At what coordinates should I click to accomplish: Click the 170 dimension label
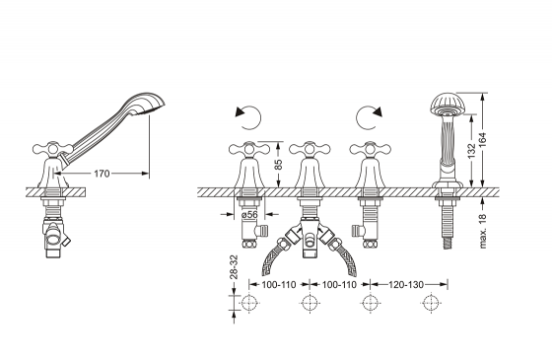[x=102, y=174]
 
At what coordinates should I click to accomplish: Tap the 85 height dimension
[x=278, y=165]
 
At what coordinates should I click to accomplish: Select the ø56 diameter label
[x=249, y=214]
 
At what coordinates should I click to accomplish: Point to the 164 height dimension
[x=482, y=140]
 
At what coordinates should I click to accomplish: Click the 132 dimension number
[x=472, y=150]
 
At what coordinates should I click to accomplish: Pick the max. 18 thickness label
[x=483, y=230]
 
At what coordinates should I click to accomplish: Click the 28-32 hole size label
[x=234, y=267]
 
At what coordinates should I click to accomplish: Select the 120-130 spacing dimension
[x=406, y=284]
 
